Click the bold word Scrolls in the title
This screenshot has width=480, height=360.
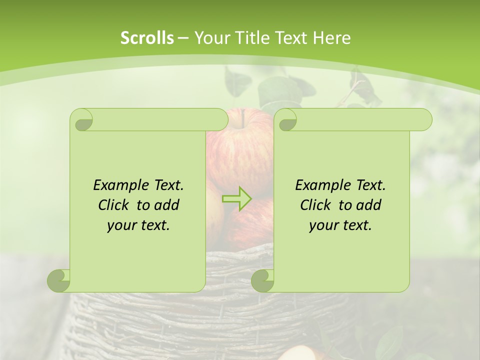[147, 38]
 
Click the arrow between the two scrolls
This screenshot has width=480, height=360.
[237, 198]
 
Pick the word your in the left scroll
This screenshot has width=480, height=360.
[121, 225]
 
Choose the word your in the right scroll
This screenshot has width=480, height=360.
[323, 225]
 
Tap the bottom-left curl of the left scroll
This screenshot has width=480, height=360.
[59, 280]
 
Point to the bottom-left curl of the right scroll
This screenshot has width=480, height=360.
[263, 280]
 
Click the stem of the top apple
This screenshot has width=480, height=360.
[243, 118]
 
